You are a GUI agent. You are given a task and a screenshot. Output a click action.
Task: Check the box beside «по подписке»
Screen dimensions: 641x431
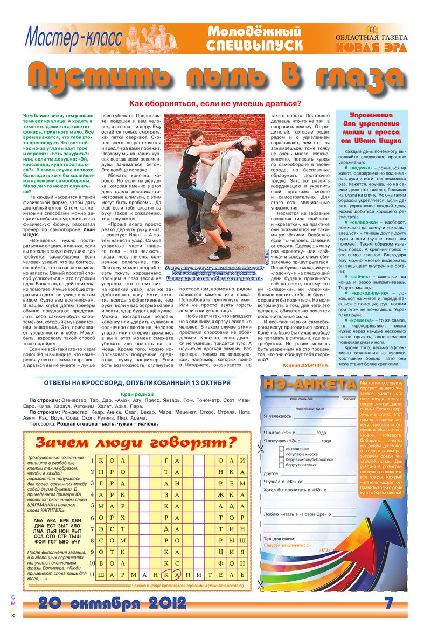[x=281, y=449]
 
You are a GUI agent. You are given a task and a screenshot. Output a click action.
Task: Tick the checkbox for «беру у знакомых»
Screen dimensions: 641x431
[x=281, y=464]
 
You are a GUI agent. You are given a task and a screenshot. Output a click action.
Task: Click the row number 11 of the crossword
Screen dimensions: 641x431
[x=92, y=574]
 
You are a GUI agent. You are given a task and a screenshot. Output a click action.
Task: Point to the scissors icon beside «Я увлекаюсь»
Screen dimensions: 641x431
[x=260, y=448]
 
